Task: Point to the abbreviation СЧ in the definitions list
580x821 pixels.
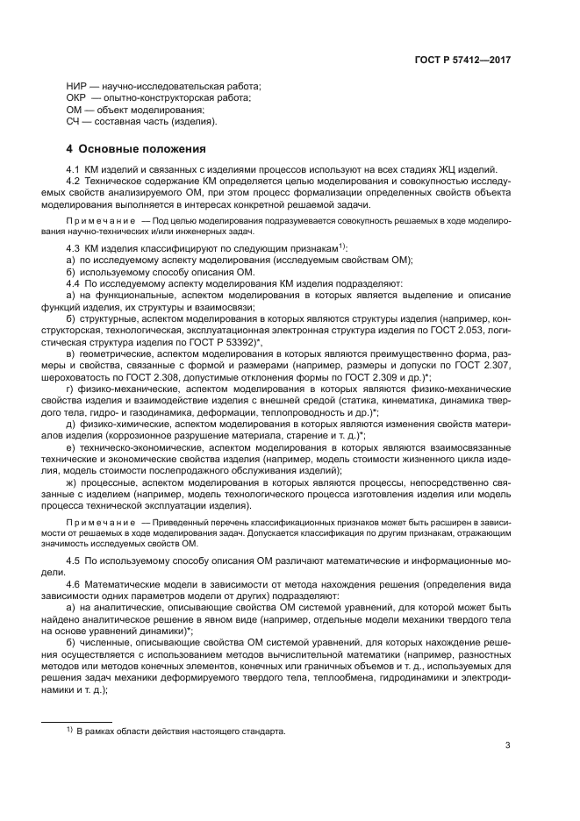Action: [x=75, y=122]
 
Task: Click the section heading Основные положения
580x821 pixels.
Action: [x=142, y=148]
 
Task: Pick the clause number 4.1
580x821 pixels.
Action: [x=75, y=168]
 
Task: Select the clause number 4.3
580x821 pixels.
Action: [x=75, y=250]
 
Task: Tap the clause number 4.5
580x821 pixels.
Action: [x=75, y=560]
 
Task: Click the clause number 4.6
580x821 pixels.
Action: [x=75, y=583]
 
